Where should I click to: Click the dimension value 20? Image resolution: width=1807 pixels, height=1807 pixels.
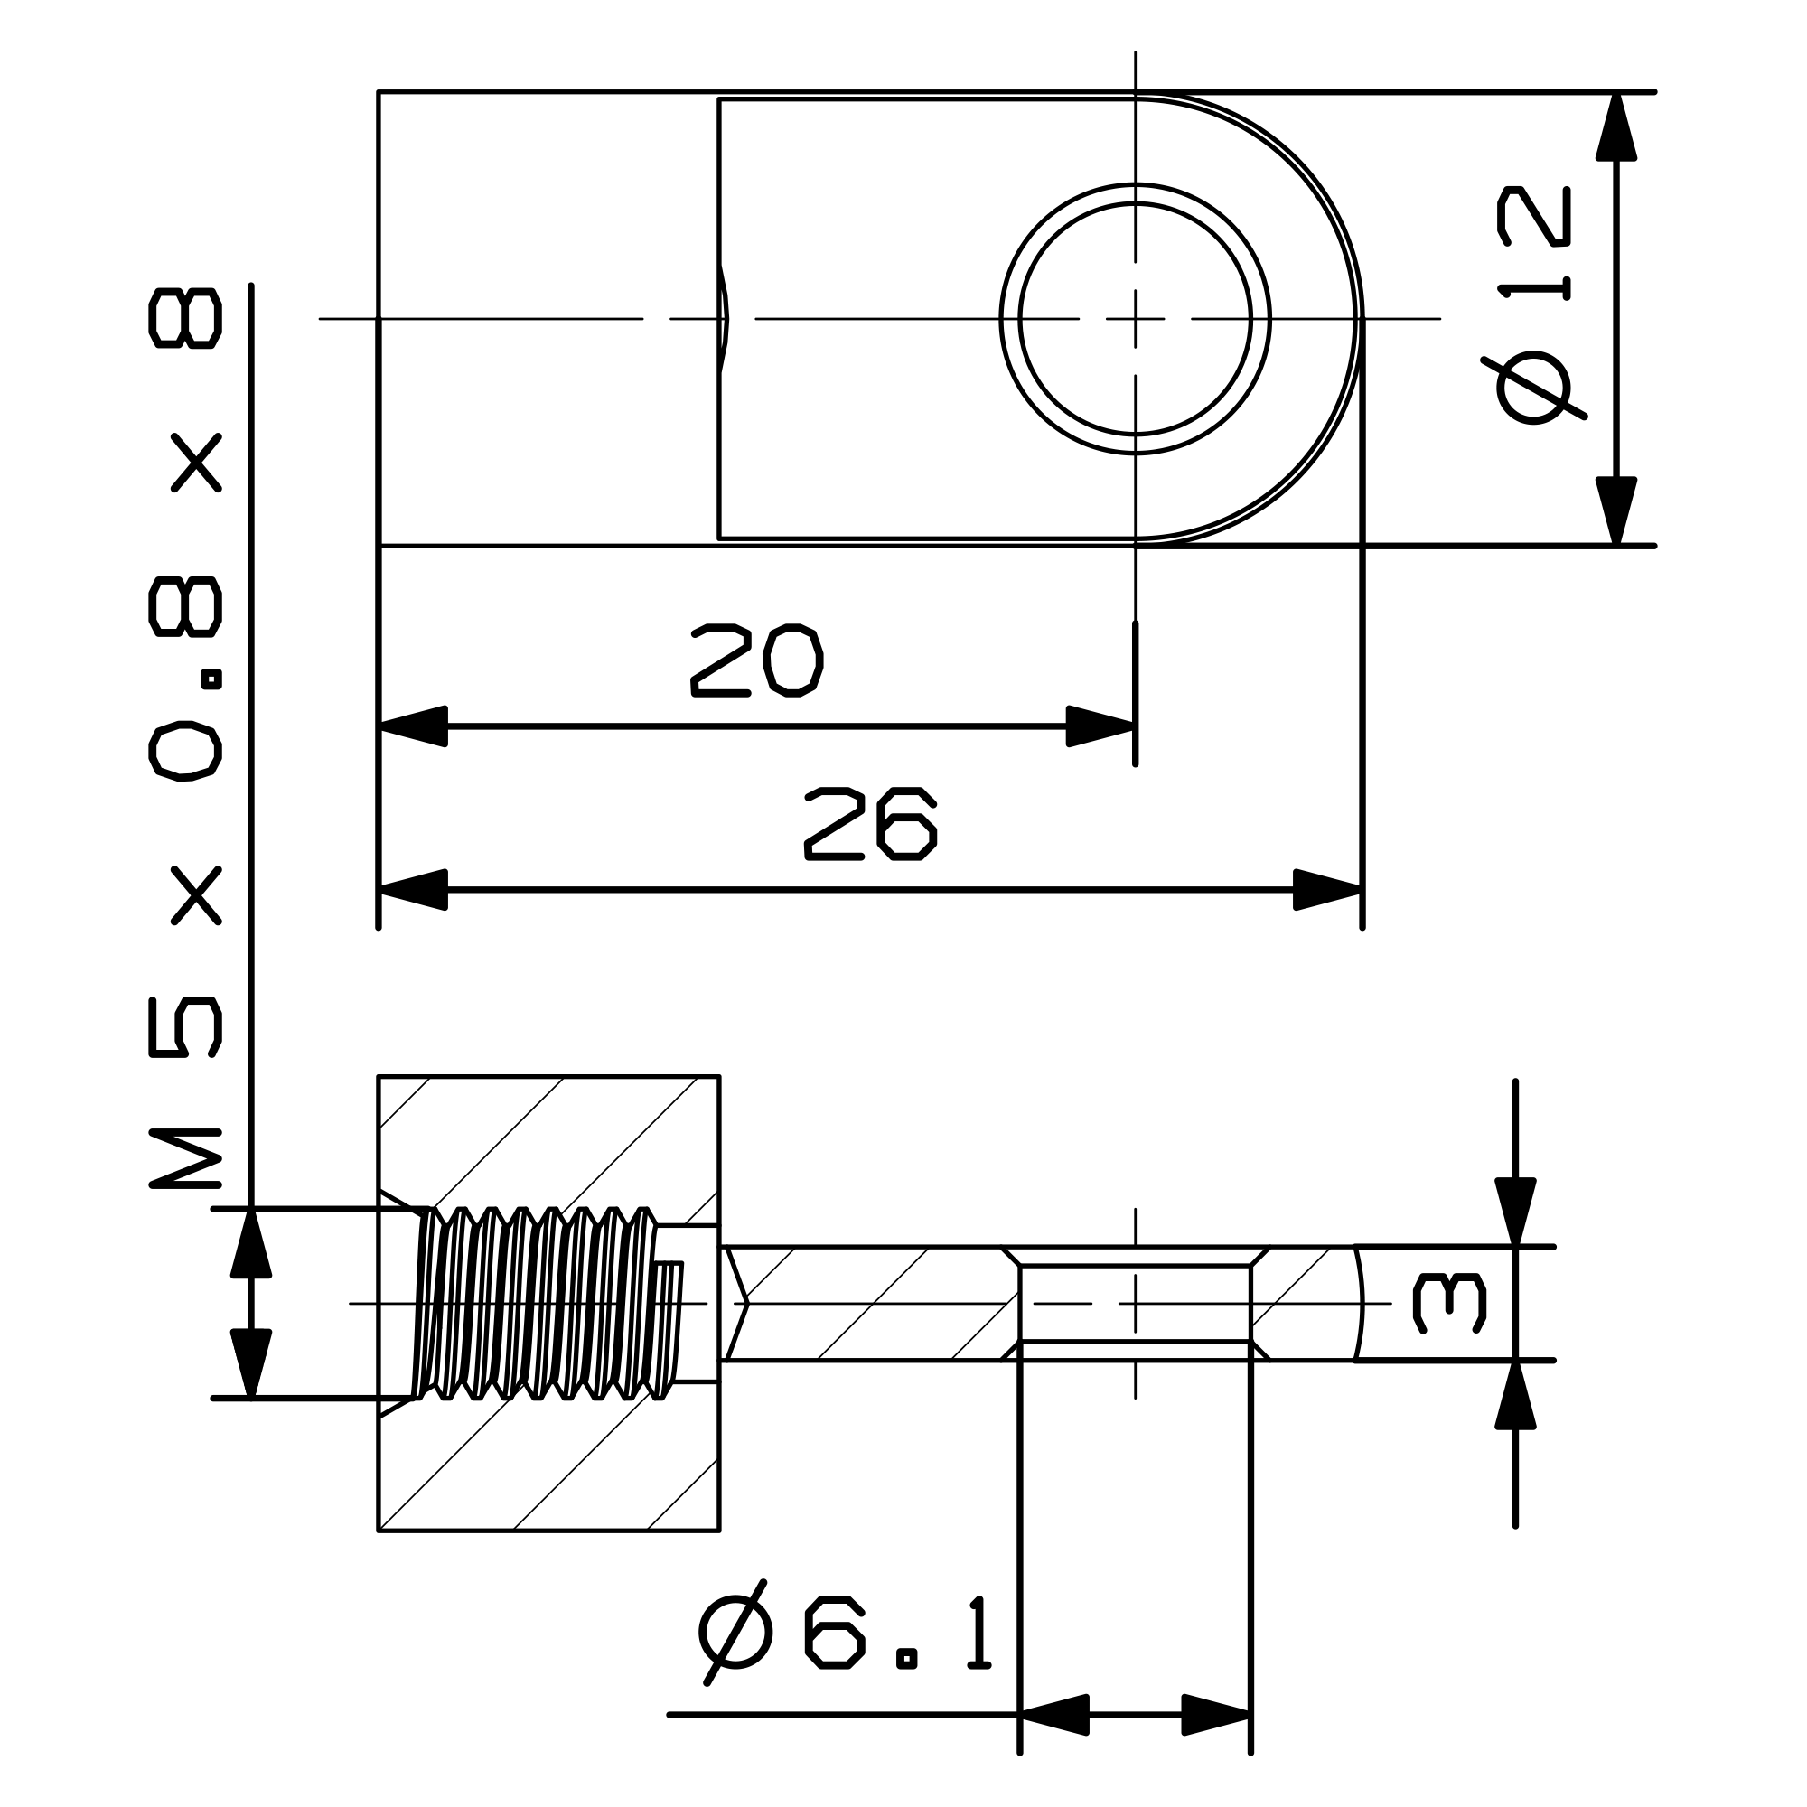click(x=755, y=661)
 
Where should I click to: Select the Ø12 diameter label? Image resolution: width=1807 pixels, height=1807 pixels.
click(x=1535, y=304)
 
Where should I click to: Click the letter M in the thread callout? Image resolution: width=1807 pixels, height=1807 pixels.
click(x=185, y=1159)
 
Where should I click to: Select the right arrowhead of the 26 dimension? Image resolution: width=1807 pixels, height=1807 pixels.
click(x=1327, y=889)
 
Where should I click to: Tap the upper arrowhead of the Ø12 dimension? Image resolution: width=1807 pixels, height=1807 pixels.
click(x=1616, y=127)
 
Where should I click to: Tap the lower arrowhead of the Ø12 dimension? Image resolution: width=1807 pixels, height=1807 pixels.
click(x=1616, y=510)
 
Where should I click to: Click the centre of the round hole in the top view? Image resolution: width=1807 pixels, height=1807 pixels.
click(x=1135, y=319)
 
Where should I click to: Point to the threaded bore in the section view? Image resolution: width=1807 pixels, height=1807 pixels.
click(x=542, y=1303)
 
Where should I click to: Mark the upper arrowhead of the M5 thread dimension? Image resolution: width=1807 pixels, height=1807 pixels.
click(x=250, y=1243)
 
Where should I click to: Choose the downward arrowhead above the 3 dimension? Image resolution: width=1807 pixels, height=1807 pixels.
click(x=1515, y=1212)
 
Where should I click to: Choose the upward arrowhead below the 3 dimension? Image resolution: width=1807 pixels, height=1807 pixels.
click(x=1515, y=1394)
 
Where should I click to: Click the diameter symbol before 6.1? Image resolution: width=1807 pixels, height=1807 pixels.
click(x=735, y=1632)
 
